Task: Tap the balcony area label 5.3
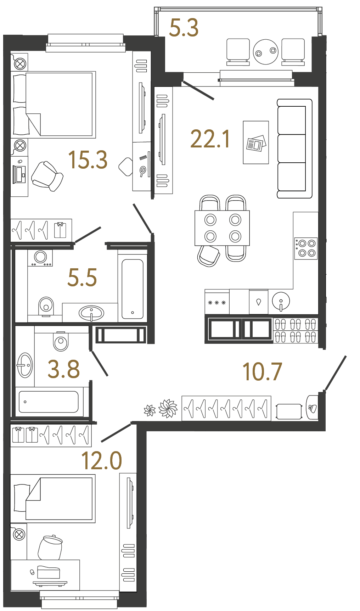coord(184,28)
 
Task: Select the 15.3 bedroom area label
coord(88,159)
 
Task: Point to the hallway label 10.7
coord(262,372)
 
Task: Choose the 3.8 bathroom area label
coord(64,369)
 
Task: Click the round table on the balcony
coord(266,52)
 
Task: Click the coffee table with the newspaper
coord(256,142)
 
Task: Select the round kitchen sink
coord(281,301)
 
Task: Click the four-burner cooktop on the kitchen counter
coord(306,248)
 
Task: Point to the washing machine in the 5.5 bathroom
coord(40,258)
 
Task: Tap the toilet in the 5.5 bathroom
coord(46,306)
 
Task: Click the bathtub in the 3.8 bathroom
coord(49,402)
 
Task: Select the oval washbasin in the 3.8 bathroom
coord(25,365)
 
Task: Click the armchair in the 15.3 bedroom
coord(47,176)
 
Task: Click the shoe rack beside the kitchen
coord(296,330)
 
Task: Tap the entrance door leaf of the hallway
coord(335,373)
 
